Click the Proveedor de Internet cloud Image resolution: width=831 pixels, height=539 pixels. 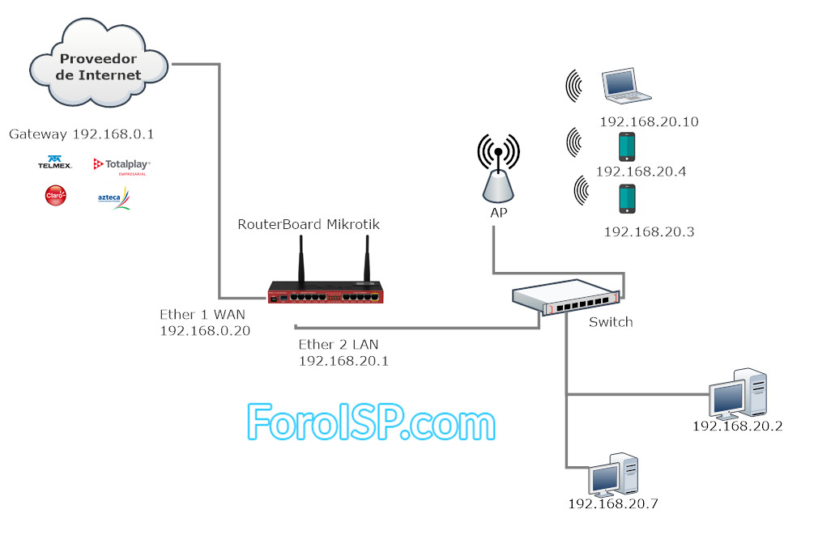tap(99, 66)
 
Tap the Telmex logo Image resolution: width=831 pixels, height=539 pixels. tap(55, 163)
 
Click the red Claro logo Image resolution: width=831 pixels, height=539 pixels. tap(56, 196)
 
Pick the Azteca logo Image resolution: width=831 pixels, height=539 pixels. tap(113, 197)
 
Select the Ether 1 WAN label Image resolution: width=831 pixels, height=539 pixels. tap(202, 314)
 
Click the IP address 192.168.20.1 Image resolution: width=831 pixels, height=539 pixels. tap(343, 361)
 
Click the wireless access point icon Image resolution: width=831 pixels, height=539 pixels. tap(498, 172)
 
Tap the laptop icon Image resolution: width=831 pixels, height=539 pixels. tap(625, 87)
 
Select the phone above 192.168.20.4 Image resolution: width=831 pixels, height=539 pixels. tap(626, 146)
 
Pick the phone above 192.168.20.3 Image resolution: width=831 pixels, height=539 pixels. tap(626, 199)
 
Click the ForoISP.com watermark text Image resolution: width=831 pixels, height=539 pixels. tap(370, 422)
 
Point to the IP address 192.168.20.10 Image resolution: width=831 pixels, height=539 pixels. tap(649, 122)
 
